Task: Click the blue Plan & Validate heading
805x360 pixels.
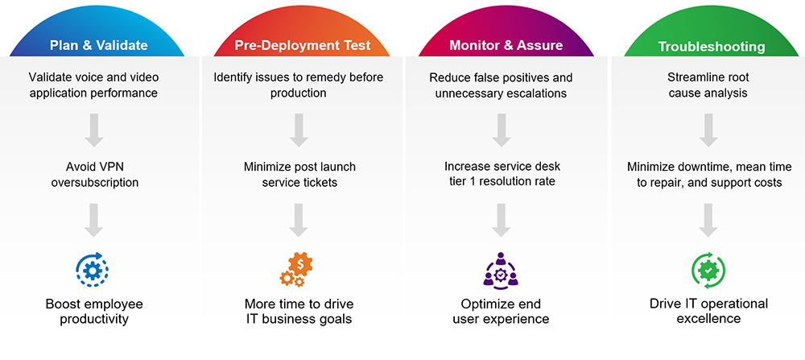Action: [x=98, y=45]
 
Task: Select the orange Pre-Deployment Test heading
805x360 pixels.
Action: [x=303, y=45]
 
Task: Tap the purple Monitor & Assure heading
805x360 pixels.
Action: [x=506, y=45]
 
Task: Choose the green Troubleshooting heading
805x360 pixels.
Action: [x=712, y=47]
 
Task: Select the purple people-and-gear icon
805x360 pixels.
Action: [x=501, y=269]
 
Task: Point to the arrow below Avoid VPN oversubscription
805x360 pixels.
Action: [x=94, y=220]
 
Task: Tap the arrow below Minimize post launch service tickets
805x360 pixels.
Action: [x=299, y=220]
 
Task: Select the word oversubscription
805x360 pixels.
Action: [x=94, y=182]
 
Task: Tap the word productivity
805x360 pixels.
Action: [x=94, y=319]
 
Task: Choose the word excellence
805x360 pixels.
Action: [x=708, y=318]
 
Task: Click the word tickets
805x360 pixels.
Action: [x=320, y=182]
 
